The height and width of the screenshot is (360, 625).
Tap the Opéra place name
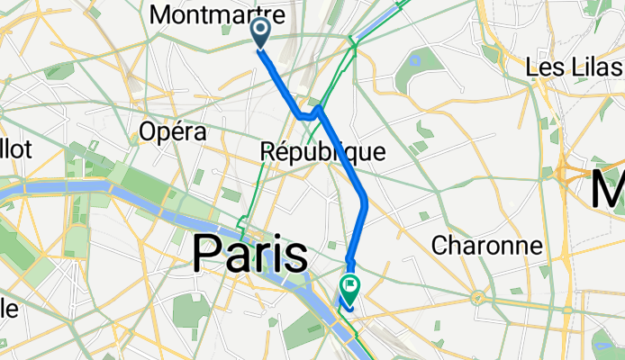coord(173,132)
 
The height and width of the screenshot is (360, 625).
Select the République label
coord(322,152)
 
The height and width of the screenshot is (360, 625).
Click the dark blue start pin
coord(260,34)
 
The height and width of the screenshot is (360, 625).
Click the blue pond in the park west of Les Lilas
coord(415,62)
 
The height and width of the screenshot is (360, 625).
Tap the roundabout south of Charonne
coord(478,296)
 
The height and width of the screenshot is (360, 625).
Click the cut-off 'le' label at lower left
coord(7,308)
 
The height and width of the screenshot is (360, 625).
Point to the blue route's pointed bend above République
coord(319,109)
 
